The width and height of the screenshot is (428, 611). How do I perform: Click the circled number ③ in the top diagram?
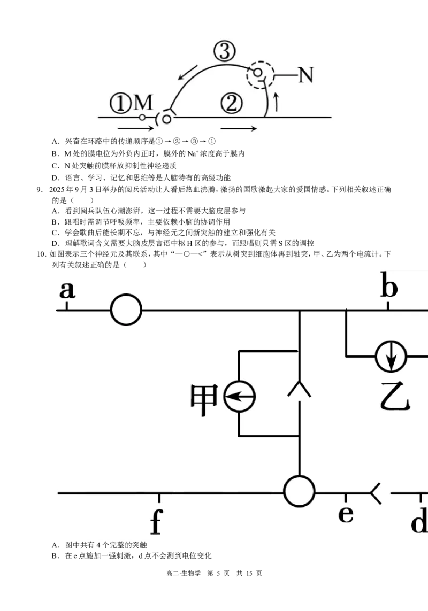point(225,51)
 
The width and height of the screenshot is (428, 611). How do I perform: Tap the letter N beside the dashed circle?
point(306,75)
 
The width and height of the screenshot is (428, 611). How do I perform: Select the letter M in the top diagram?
point(143,103)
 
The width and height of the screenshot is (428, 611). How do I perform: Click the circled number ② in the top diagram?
point(231,103)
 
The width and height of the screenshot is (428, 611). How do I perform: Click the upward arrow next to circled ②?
point(277,102)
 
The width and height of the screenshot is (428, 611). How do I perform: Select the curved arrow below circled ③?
point(187,73)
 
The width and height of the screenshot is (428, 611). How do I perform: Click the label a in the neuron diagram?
point(67,290)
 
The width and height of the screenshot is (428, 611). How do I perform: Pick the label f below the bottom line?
point(156,521)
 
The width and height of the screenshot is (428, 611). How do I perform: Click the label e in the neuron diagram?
point(346,514)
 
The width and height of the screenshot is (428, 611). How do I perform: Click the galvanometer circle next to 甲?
point(240,396)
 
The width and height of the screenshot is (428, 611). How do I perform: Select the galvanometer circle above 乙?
point(391,356)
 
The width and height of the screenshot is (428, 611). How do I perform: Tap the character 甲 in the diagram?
point(204,399)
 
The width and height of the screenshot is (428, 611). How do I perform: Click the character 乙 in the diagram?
point(395,397)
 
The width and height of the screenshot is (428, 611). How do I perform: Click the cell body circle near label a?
point(126,310)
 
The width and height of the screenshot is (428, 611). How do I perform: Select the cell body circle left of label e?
point(299,491)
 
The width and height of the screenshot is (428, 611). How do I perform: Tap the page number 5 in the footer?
point(218,573)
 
